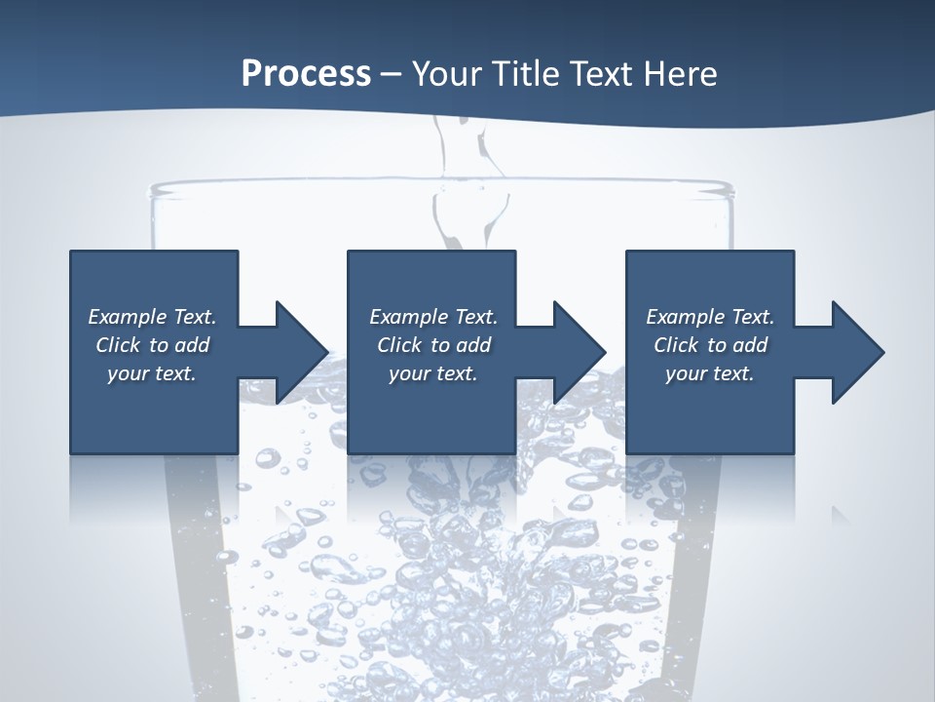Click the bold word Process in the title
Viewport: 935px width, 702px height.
click(306, 74)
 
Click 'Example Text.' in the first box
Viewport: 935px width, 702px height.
click(152, 317)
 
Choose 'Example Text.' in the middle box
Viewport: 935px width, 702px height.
click(433, 317)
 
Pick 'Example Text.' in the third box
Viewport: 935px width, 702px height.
click(710, 317)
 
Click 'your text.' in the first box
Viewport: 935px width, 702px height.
click(152, 373)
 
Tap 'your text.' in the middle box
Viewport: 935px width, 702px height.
click(433, 373)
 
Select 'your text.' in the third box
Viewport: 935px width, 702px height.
click(710, 373)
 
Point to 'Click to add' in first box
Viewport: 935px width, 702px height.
click(152, 345)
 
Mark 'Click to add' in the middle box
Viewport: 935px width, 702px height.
click(433, 345)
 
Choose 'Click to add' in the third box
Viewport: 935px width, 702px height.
click(710, 345)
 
